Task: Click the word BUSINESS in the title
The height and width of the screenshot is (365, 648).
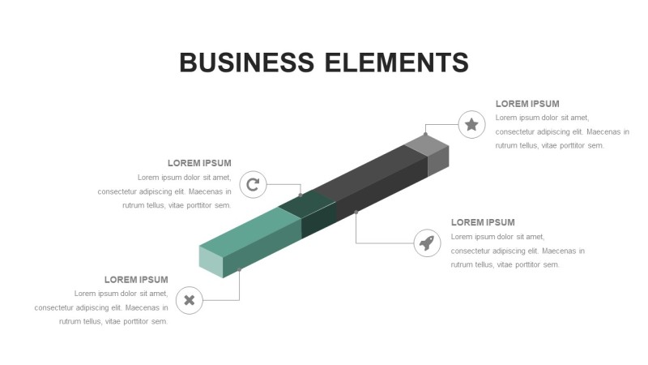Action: [247, 62]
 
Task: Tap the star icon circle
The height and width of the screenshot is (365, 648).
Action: [471, 125]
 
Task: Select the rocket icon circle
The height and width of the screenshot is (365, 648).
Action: [427, 243]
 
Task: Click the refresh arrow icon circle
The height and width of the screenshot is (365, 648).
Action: [253, 185]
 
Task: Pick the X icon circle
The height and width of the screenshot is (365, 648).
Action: [190, 300]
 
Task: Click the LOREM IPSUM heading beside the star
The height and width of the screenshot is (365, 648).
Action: [527, 104]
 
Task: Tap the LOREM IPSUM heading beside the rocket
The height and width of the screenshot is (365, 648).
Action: [483, 222]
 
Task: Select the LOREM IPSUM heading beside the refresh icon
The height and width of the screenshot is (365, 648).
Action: [199, 163]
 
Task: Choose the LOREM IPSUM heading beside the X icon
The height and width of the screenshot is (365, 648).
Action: [136, 280]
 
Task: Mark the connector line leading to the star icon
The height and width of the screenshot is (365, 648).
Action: [441, 125]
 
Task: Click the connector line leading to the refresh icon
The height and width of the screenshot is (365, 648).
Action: [283, 185]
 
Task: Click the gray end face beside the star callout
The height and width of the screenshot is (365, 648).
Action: [437, 161]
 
